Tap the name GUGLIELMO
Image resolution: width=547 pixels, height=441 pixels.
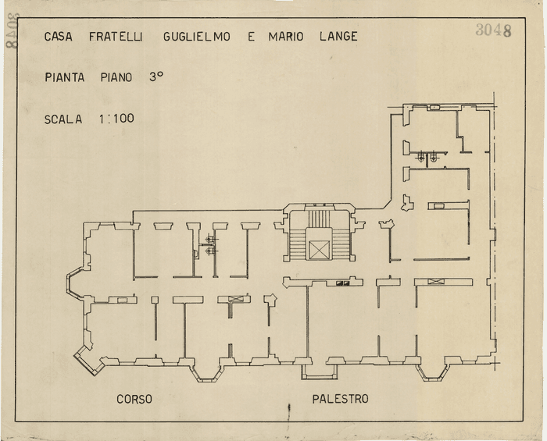click(x=197, y=37)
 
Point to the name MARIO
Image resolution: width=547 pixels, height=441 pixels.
click(x=286, y=37)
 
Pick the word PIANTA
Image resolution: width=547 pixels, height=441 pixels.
click(x=66, y=77)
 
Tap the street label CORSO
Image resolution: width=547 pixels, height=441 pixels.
click(x=134, y=399)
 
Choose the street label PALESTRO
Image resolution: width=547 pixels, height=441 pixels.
click(x=340, y=399)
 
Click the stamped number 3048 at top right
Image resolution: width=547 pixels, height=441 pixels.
click(x=493, y=30)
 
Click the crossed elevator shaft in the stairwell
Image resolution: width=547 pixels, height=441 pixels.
click(x=320, y=250)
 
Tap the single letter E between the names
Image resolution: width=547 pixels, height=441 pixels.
click(x=251, y=37)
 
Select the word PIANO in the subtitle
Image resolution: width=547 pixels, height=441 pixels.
click(x=116, y=77)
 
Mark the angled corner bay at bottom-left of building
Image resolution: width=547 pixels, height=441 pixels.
click(x=86, y=356)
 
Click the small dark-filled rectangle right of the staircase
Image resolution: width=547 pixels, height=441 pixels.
click(x=342, y=283)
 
